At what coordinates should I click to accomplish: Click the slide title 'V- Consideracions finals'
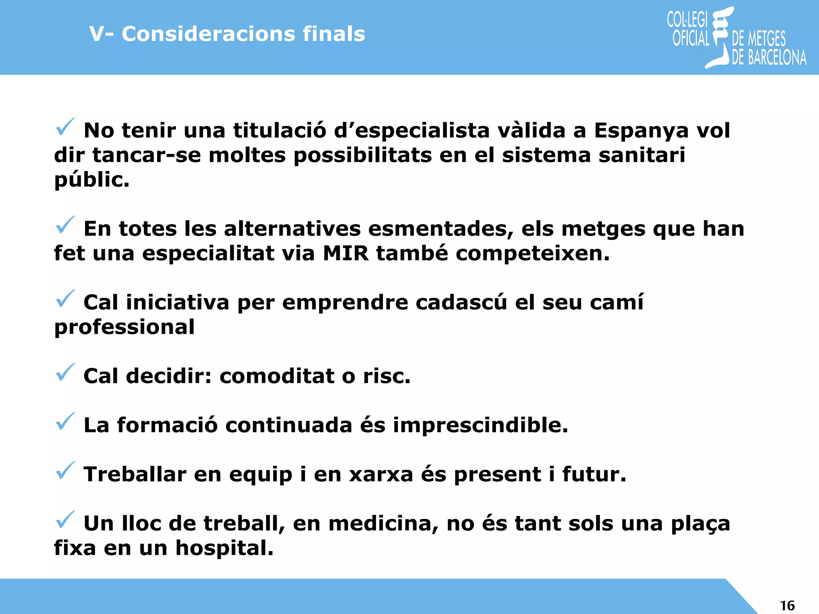[227, 34]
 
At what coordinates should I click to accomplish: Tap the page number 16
[787, 606]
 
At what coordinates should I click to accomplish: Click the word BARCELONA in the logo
[777, 58]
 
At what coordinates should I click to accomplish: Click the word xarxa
[381, 474]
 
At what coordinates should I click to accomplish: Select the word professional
[124, 327]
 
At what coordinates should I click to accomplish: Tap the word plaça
[700, 524]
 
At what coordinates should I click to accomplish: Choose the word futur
[594, 474]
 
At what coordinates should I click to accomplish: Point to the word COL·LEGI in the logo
[687, 19]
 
